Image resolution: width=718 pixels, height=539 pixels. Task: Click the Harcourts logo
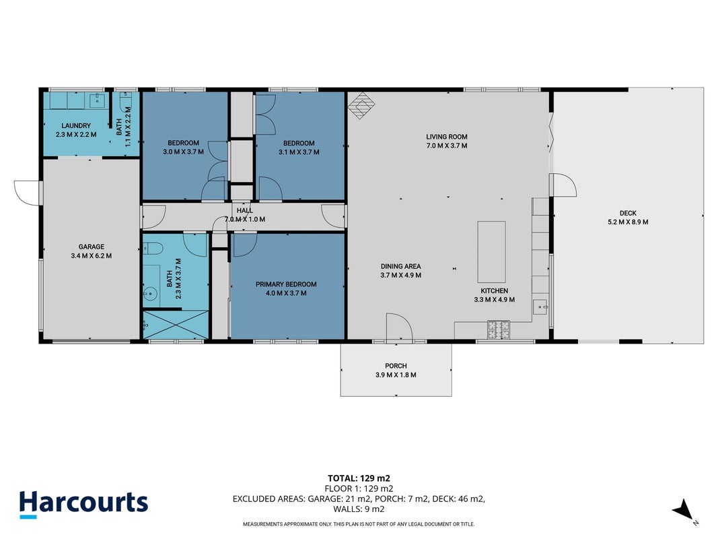pyautogui.click(x=84, y=504)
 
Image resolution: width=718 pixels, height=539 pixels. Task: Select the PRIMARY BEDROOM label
pyautogui.click(x=286, y=284)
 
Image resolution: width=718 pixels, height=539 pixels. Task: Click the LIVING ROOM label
pyautogui.click(x=446, y=137)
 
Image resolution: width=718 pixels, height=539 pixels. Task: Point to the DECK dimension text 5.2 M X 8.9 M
pyautogui.click(x=628, y=222)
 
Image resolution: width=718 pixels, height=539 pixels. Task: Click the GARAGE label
pyautogui.click(x=91, y=247)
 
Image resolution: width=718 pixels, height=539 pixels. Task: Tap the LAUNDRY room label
pyautogui.click(x=76, y=125)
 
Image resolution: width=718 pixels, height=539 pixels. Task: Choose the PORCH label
pyautogui.click(x=396, y=366)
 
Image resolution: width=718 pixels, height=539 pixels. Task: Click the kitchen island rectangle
pyautogui.click(x=492, y=251)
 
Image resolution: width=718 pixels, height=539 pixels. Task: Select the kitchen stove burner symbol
pyautogui.click(x=498, y=329)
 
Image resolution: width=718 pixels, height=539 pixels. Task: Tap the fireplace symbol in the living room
pyautogui.click(x=361, y=105)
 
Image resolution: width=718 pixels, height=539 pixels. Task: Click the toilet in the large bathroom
pyautogui.click(x=153, y=249)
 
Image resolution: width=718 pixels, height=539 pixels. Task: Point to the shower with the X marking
pyautogui.click(x=176, y=325)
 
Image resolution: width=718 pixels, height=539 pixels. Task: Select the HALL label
pyautogui.click(x=244, y=210)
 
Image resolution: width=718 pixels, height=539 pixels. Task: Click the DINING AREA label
pyautogui.click(x=400, y=266)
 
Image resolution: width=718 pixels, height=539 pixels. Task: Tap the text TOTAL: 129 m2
pyautogui.click(x=359, y=478)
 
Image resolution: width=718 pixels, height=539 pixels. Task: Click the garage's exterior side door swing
pyautogui.click(x=28, y=193)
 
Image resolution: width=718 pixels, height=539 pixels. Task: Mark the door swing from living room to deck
pyautogui.click(x=563, y=185)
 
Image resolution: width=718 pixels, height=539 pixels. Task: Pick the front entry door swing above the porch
pyautogui.click(x=399, y=328)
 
